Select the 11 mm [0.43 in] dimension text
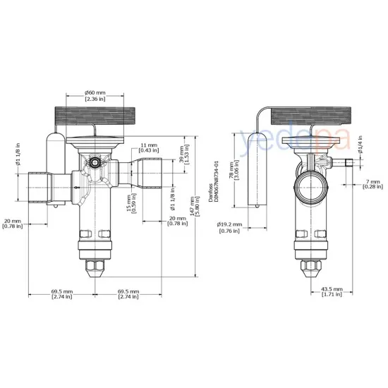point(148,147)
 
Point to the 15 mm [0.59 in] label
point(131,204)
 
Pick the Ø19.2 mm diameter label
point(230,226)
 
